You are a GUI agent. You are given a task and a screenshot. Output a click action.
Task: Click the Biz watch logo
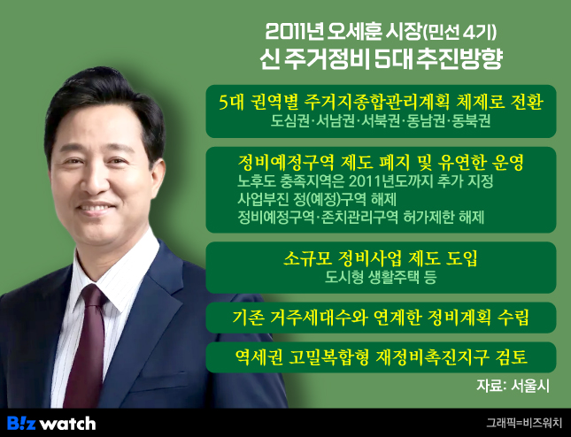[x=51, y=423]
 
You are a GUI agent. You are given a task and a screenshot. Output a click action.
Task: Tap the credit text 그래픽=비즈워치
[x=524, y=423]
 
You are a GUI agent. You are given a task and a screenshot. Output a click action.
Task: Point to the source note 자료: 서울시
[x=513, y=386]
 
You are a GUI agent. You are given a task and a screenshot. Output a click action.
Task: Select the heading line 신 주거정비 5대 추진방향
[x=381, y=59]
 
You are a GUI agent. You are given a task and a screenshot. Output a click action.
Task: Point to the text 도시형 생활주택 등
[x=381, y=277]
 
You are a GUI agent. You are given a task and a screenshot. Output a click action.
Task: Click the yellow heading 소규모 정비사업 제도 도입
[x=380, y=258]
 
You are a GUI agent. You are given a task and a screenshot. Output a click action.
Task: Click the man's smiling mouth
[x=96, y=209]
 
